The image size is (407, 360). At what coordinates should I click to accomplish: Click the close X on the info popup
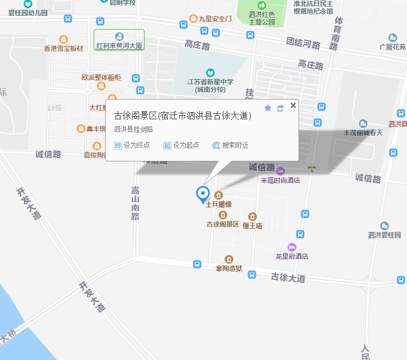(293, 106)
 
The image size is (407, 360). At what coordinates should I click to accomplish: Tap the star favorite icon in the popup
(268, 108)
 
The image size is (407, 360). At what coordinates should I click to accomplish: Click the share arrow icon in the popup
(280, 108)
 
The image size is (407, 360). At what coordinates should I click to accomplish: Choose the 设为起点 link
(181, 146)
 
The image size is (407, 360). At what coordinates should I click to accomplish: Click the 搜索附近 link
(231, 146)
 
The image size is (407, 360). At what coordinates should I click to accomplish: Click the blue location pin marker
(203, 194)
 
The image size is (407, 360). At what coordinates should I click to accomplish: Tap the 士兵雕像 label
(219, 205)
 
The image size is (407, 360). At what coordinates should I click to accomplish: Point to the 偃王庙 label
(253, 225)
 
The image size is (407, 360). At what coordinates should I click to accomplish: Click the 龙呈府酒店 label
(292, 256)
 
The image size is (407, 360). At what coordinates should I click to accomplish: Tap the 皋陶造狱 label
(229, 268)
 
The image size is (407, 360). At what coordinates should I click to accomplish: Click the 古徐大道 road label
(288, 278)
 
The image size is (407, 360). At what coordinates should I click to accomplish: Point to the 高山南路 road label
(135, 203)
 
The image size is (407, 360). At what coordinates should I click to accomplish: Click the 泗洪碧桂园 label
(385, 235)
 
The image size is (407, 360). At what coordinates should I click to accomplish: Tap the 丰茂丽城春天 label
(363, 132)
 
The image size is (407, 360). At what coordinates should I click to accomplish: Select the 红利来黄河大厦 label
(119, 46)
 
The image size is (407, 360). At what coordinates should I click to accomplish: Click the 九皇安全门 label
(215, 19)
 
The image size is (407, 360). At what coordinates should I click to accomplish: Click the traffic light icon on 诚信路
(312, 168)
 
